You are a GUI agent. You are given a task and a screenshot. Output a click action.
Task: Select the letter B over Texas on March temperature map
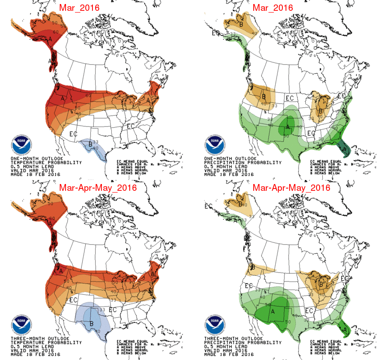90,145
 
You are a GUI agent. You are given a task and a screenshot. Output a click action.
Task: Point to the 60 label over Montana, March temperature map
88,95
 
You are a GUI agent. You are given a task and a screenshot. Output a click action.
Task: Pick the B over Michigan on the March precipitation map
321,111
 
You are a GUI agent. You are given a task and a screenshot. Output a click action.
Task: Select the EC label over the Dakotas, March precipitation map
290,97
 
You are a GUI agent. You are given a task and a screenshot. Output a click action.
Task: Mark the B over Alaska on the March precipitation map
241,24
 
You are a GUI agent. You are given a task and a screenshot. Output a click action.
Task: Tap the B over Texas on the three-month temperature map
92,324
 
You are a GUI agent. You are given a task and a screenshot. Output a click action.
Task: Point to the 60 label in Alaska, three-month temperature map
52,218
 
